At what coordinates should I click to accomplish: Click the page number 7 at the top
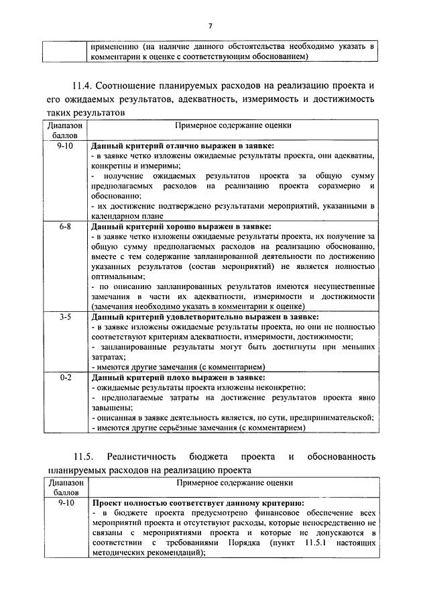210,26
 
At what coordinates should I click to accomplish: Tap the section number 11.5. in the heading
86,457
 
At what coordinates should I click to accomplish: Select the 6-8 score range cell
65,227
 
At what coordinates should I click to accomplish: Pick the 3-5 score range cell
65,317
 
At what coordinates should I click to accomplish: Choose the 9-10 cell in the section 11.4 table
65,146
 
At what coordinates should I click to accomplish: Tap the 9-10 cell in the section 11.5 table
65,502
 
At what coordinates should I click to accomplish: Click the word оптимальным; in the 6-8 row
116,276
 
